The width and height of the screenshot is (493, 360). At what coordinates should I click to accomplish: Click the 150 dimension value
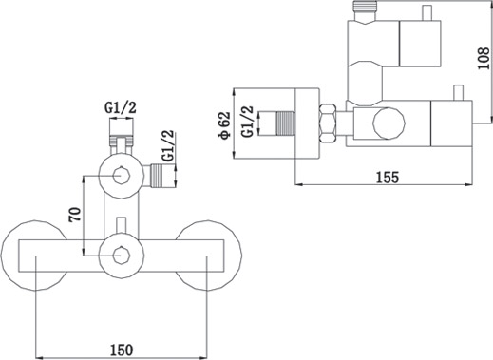pyautogui.click(x=122, y=350)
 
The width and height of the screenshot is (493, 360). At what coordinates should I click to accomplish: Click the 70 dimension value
pyautogui.click(x=76, y=215)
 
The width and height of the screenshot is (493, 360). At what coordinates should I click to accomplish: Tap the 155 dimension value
pyautogui.click(x=388, y=177)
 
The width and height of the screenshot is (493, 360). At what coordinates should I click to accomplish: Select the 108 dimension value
pyautogui.click(x=484, y=58)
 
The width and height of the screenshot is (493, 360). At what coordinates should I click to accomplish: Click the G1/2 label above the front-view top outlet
pyautogui.click(x=121, y=108)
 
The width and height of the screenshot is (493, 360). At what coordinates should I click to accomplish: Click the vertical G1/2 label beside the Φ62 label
pyautogui.click(x=248, y=122)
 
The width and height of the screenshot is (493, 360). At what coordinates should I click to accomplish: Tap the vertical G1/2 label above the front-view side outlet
pyautogui.click(x=168, y=146)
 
